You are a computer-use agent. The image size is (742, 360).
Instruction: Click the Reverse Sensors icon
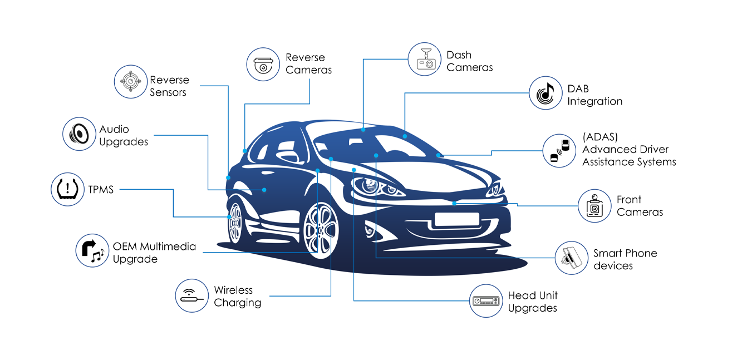click(x=130, y=82)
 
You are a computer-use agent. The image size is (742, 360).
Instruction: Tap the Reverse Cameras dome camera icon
click(x=263, y=64)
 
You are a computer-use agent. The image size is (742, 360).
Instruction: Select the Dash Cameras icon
click(x=425, y=59)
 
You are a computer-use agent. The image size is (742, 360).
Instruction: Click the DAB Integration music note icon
click(x=545, y=92)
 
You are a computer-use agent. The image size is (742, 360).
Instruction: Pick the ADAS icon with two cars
click(x=559, y=150)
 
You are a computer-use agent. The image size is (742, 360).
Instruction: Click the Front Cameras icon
click(x=594, y=206)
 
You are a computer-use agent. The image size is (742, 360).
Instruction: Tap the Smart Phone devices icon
click(x=571, y=258)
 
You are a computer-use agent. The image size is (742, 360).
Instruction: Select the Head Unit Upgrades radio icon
click(x=486, y=301)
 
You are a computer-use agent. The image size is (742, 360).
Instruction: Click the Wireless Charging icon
click(x=192, y=295)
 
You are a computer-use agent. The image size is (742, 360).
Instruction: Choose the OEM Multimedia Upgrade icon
click(x=92, y=250)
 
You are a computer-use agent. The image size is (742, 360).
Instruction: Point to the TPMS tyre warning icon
click(x=67, y=189)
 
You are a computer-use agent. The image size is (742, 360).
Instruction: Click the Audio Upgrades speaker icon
click(x=79, y=134)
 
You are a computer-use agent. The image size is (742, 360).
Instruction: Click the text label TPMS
click(x=101, y=190)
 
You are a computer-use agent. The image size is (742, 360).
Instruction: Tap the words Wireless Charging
click(x=238, y=297)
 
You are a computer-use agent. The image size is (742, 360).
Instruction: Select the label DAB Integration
click(x=594, y=95)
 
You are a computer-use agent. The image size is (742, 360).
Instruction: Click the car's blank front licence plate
click(x=456, y=219)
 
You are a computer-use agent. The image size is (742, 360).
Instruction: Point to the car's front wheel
click(x=321, y=231)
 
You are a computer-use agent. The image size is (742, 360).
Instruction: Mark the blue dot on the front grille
click(x=455, y=203)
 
